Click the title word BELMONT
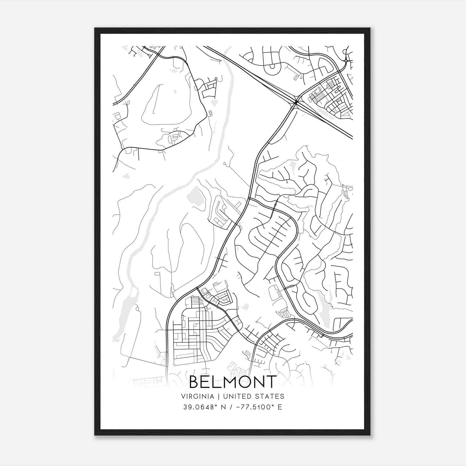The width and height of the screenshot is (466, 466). [233, 382]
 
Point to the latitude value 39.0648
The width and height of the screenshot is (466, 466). [197, 407]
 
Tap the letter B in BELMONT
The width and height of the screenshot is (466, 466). [195, 382]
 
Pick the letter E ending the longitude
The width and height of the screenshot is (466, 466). [280, 407]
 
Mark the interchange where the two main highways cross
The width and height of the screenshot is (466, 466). [296, 102]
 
